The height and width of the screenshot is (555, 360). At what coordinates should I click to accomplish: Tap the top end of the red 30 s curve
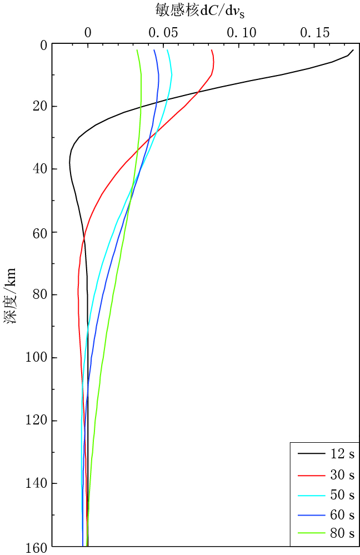point(212,50)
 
